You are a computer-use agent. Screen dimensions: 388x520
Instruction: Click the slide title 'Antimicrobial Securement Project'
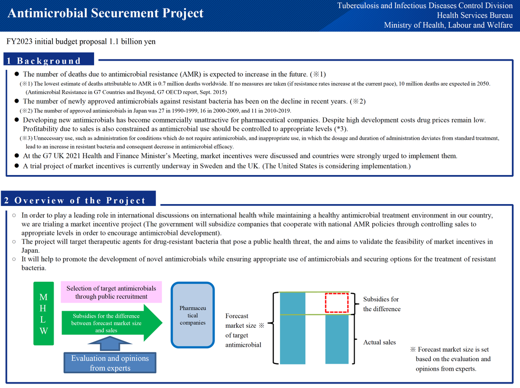coord(105,13)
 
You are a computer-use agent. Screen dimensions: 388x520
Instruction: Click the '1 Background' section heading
coord(43,61)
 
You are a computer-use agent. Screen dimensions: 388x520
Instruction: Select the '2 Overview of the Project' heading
coord(75,200)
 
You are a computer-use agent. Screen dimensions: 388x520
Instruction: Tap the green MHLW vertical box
coord(43,314)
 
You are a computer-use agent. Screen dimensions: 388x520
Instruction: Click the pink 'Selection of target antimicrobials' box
coord(111,293)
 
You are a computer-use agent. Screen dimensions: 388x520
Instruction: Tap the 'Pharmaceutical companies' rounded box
coord(193,315)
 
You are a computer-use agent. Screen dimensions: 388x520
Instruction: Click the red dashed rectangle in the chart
coord(337,303)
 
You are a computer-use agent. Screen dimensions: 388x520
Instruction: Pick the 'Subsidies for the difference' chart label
coord(381,304)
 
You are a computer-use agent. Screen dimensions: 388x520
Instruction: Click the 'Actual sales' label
coord(380,342)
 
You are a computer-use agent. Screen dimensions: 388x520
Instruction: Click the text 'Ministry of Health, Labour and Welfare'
coord(448,25)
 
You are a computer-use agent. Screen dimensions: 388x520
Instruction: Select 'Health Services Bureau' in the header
coord(474,16)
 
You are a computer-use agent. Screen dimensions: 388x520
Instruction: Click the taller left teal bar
coord(292,328)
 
